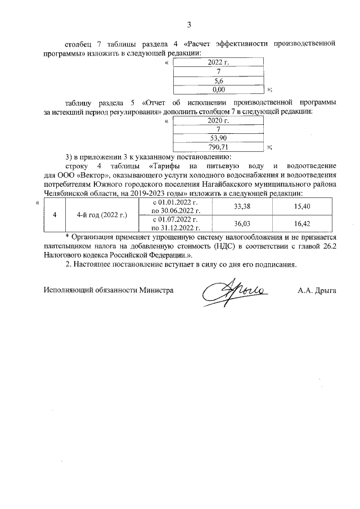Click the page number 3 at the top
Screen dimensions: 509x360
click(189, 25)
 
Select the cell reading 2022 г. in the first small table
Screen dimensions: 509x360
click(218, 63)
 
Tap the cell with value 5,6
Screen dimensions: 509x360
click(218, 80)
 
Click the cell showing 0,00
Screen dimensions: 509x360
click(218, 89)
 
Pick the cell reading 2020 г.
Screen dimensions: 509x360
click(218, 120)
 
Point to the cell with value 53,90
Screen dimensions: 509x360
click(218, 138)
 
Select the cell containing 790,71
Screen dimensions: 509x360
click(218, 147)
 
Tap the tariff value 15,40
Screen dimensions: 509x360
click(303, 207)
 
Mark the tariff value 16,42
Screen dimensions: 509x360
click(303, 223)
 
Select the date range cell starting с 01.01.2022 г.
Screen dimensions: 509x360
click(176, 207)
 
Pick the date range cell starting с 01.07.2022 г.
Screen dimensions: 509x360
click(176, 223)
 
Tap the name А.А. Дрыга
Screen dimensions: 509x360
click(317, 290)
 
